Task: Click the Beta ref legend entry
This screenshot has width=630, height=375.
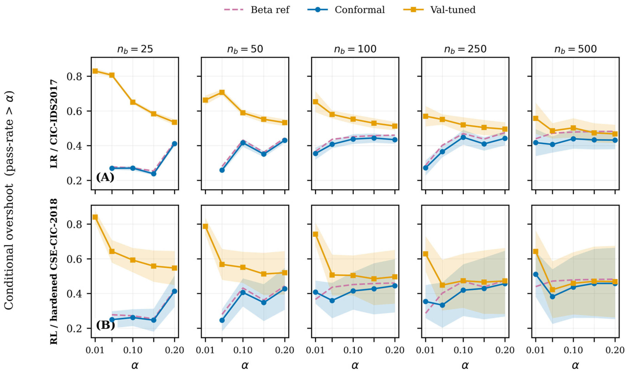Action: click(257, 10)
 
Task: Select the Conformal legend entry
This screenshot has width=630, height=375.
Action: click(346, 10)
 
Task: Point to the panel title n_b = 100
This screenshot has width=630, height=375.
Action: click(355, 49)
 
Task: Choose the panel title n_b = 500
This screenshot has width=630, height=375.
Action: click(575, 49)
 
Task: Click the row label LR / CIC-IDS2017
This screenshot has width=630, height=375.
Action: click(54, 124)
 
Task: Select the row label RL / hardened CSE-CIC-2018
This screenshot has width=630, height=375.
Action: click(54, 271)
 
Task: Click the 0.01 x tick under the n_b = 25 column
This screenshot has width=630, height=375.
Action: click(95, 350)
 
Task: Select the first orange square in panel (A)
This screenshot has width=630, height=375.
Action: click(95, 71)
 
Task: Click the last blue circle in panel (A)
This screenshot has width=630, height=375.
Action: click(175, 144)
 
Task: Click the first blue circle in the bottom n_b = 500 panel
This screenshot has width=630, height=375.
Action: click(535, 274)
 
